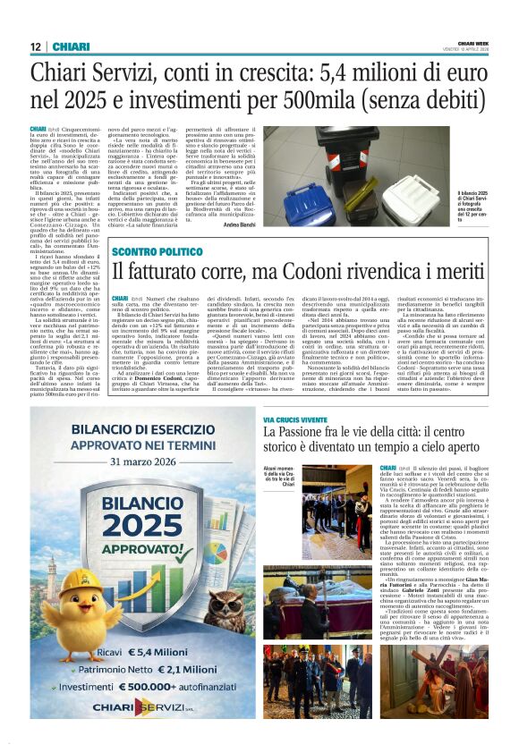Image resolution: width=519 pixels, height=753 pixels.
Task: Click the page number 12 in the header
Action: pos(35,46)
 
